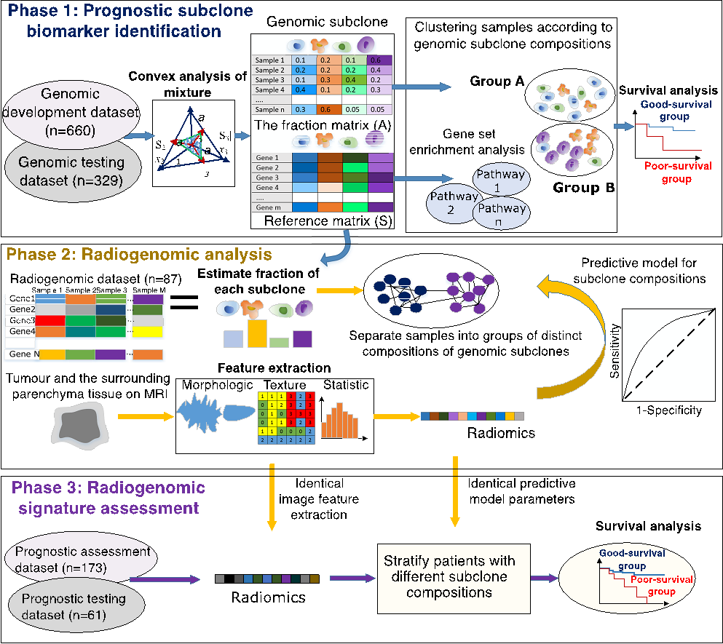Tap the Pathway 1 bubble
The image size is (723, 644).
502,180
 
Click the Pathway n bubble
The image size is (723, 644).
502,213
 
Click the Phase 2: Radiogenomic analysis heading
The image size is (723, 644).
138,255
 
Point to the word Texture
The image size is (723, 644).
285,385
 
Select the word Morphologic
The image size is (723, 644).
217,385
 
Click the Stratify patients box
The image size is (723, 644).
450,576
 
